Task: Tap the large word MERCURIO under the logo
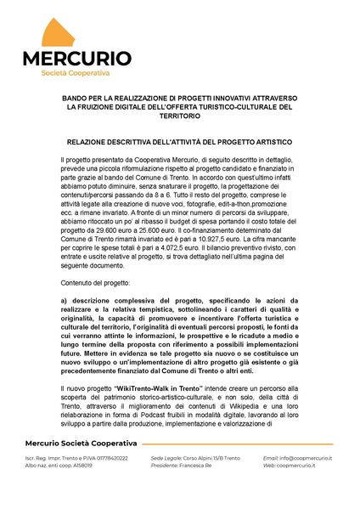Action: [76, 59]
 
